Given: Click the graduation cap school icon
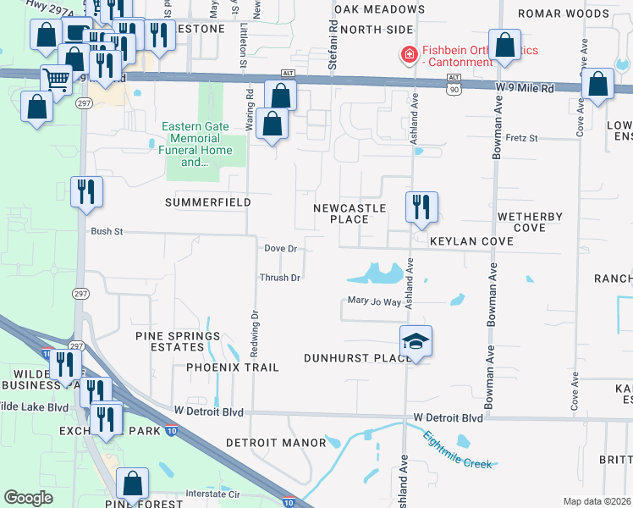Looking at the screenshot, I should [x=416, y=341].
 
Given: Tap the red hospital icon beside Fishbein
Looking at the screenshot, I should [x=410, y=55].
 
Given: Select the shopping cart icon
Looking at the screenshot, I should [x=57, y=80].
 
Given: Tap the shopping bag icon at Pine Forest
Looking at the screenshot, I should [x=133, y=483].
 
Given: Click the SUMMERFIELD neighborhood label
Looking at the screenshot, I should [x=207, y=202].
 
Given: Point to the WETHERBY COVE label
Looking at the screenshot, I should [x=530, y=222].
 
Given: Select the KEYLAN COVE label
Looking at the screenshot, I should [x=471, y=241].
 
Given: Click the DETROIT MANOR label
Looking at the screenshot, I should [x=276, y=443].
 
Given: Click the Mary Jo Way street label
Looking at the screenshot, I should [x=374, y=301].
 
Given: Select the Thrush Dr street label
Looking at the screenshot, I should [x=280, y=278].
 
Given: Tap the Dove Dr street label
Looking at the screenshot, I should [x=280, y=249].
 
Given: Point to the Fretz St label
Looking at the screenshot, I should [x=521, y=137].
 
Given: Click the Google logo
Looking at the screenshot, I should [x=28, y=498].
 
